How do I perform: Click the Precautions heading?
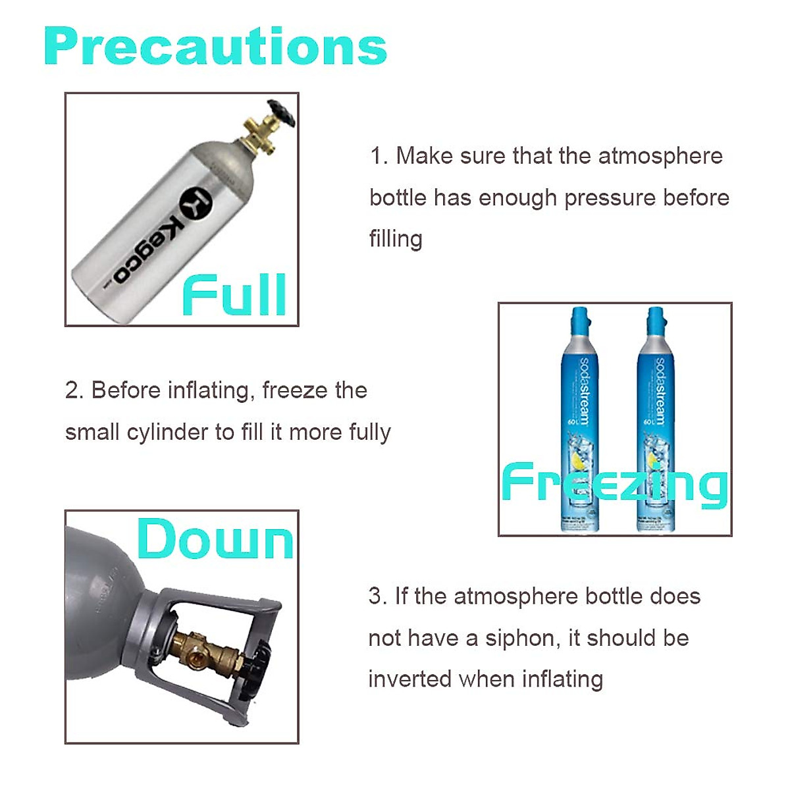tap(215, 47)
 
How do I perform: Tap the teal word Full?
tap(234, 296)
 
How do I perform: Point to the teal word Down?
tap(215, 540)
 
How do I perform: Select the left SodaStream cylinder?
tap(579, 421)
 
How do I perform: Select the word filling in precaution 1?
tap(396, 238)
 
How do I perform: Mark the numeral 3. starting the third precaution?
tap(377, 596)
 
